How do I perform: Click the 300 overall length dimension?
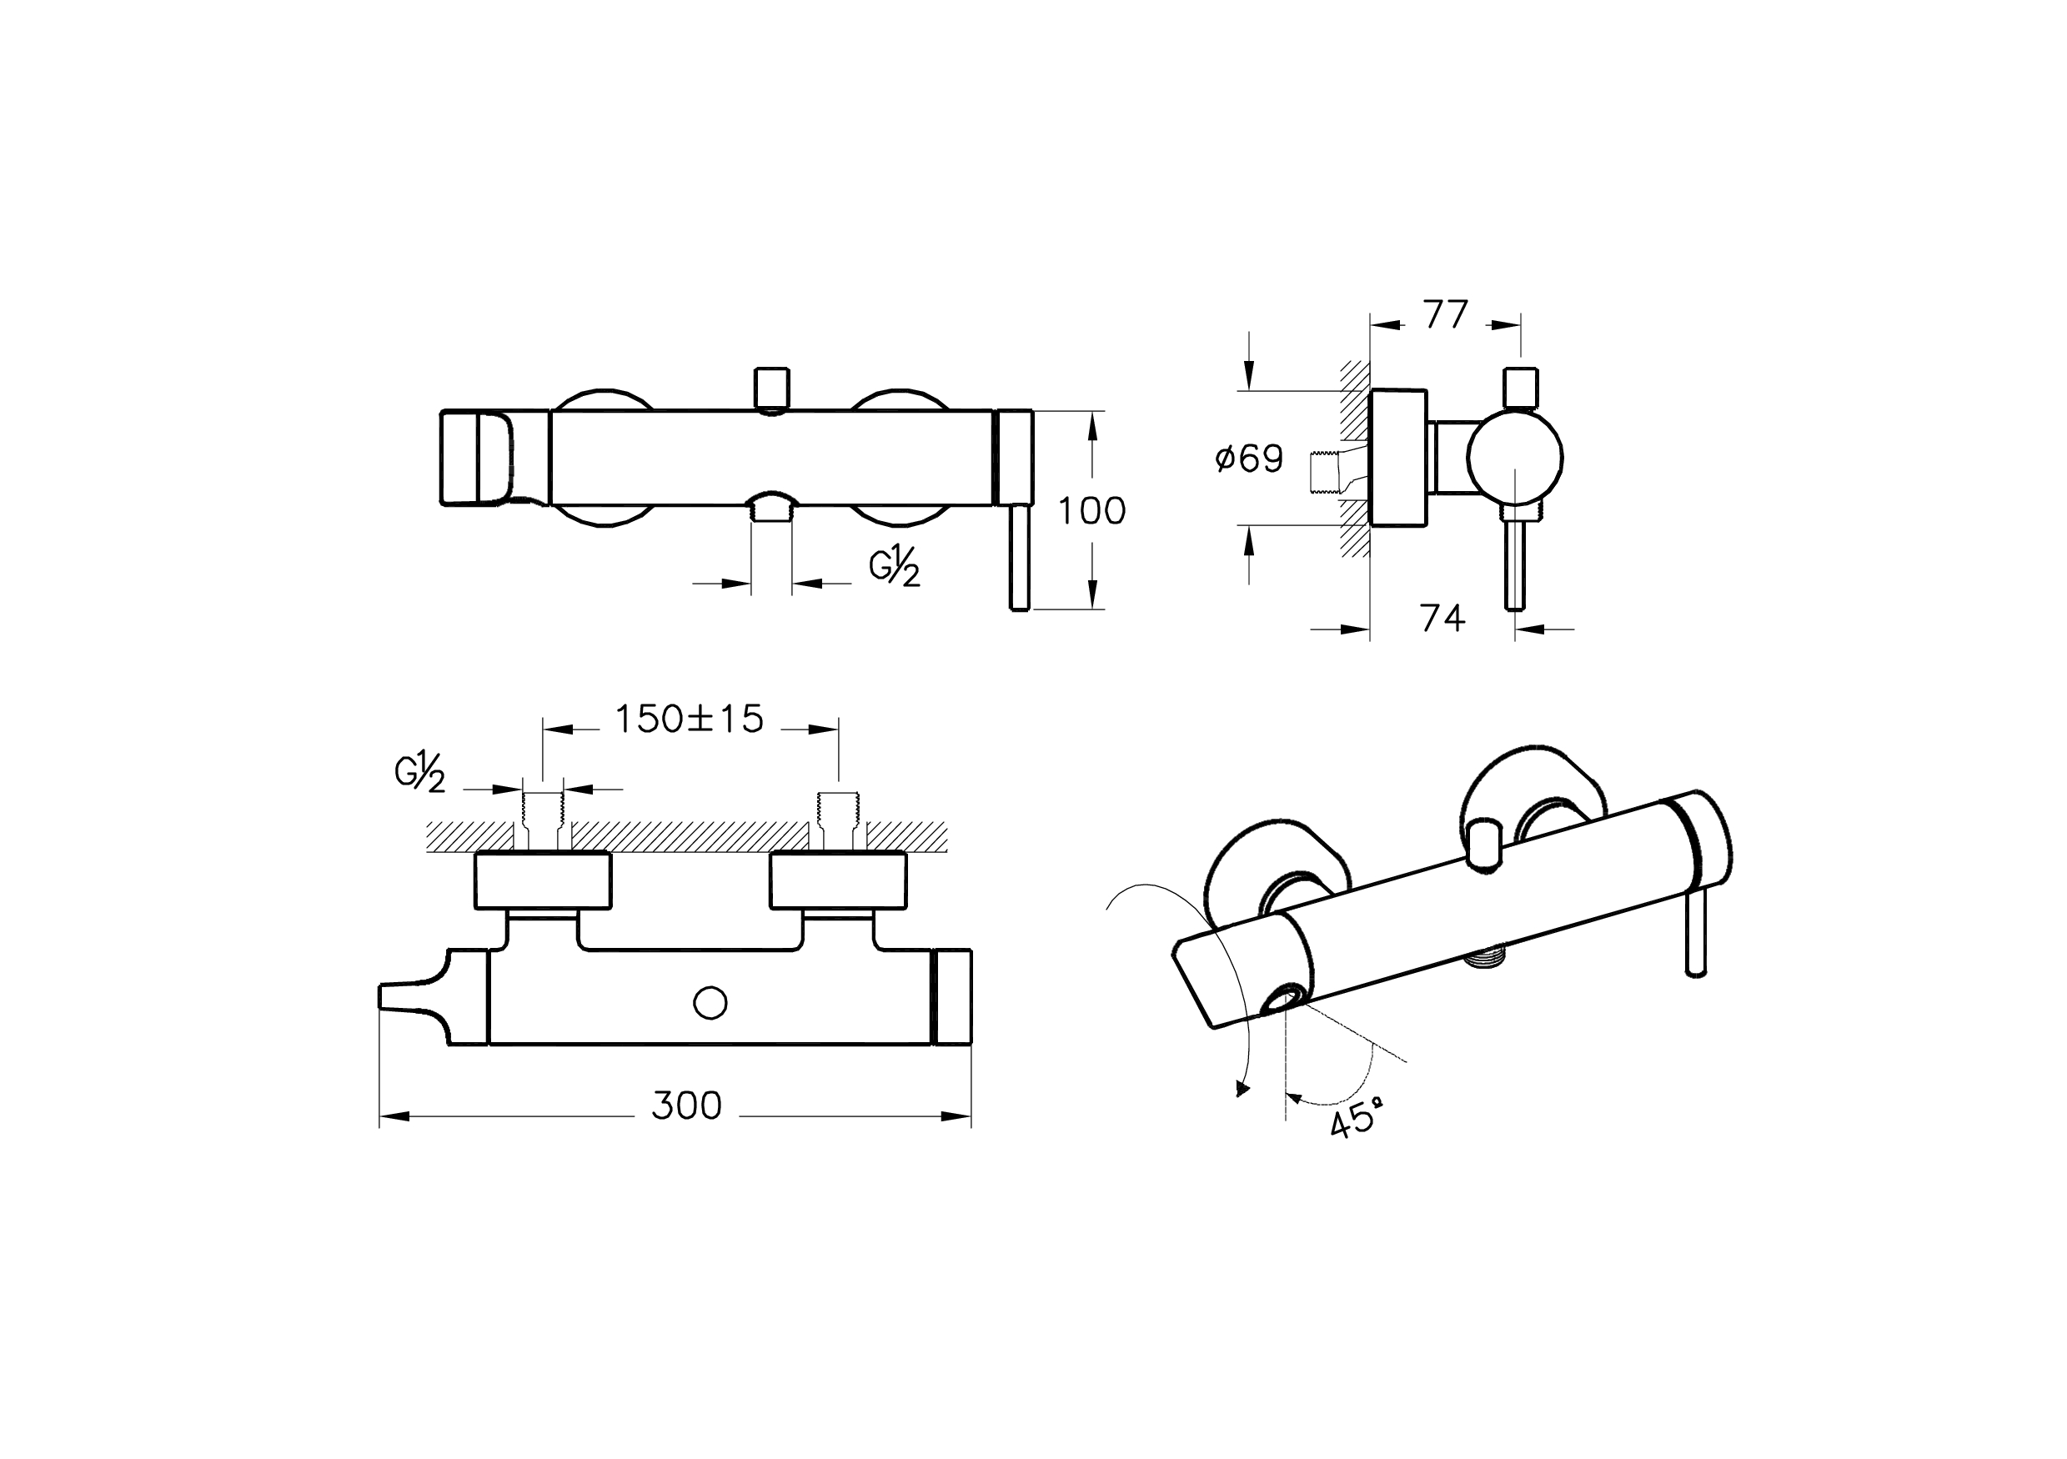(686, 1106)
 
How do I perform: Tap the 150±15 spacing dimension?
(689, 719)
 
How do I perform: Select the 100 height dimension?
(1091, 511)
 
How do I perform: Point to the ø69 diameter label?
(1250, 459)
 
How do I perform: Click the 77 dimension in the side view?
(1446, 314)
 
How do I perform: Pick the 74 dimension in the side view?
(1442, 619)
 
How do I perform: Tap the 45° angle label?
(1356, 1122)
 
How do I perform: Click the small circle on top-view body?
(711, 1003)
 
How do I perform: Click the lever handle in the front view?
(1019, 558)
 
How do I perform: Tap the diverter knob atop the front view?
(771, 389)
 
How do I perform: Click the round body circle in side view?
(1514, 457)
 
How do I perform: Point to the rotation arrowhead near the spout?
(1242, 1090)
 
